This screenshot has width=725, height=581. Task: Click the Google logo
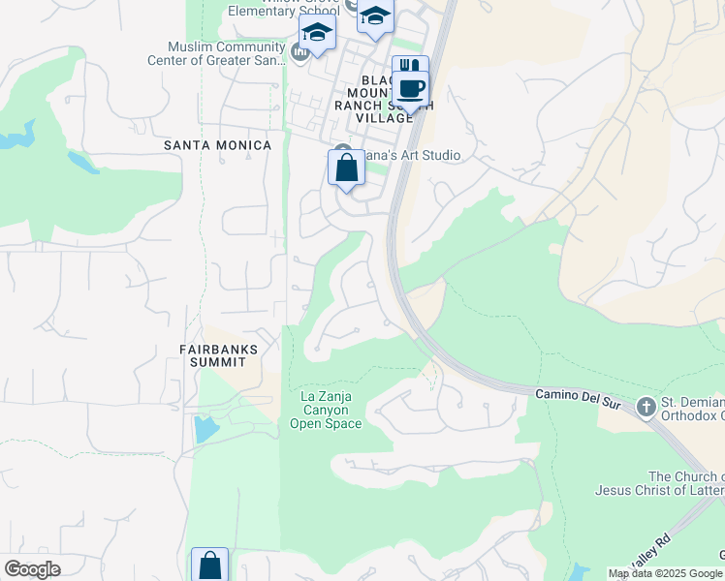32,569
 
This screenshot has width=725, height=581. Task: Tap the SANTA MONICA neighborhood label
217,145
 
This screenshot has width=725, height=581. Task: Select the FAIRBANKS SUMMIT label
212,354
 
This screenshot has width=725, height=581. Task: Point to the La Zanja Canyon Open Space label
326,410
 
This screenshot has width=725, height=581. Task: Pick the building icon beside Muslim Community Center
300,50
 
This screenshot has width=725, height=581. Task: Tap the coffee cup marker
412,90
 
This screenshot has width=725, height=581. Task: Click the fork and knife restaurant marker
410,69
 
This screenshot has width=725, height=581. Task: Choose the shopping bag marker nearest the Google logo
209,565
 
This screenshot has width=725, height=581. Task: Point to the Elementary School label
282,12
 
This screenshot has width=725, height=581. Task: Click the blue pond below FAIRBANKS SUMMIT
205,428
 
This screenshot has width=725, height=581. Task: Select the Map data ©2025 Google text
666,573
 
